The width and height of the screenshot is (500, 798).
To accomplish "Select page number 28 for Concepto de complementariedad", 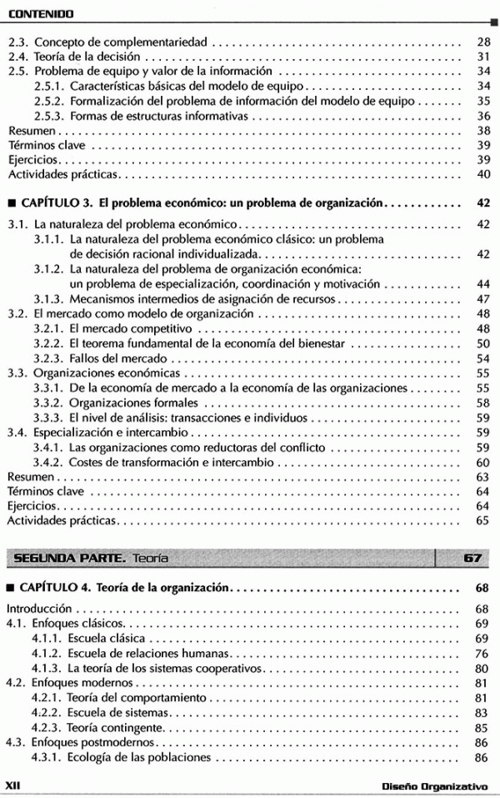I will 482,41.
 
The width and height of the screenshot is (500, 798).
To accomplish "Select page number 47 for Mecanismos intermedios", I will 482,299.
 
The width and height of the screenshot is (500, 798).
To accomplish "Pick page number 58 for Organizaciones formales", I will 482,403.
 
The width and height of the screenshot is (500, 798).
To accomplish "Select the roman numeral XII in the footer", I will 12,785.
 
